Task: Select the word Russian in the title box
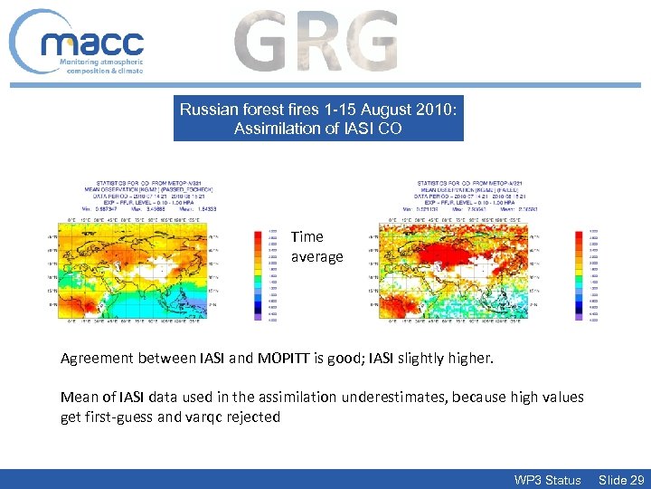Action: (x=205, y=110)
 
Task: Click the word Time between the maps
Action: (x=307, y=236)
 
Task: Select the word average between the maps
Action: (x=316, y=256)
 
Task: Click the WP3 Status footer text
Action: (x=547, y=480)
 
